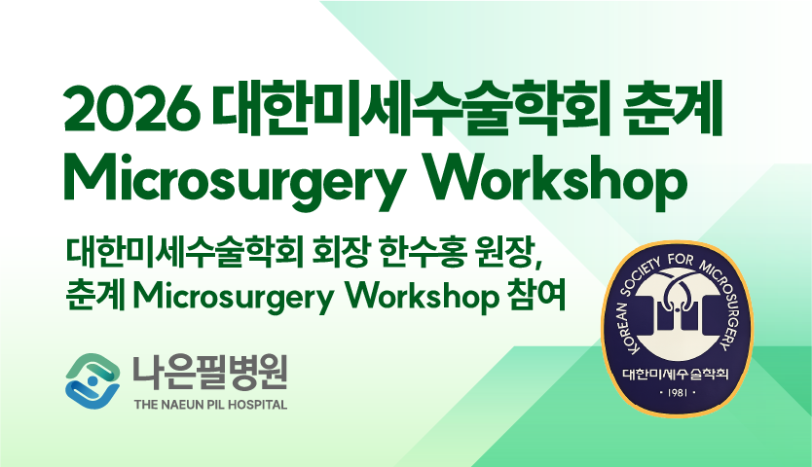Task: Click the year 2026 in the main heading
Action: [131, 109]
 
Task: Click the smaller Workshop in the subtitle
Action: [421, 298]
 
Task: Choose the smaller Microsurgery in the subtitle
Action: [233, 298]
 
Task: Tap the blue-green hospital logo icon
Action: [92, 380]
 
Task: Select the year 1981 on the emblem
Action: [678, 392]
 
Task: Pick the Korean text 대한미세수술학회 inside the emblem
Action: [676, 374]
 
